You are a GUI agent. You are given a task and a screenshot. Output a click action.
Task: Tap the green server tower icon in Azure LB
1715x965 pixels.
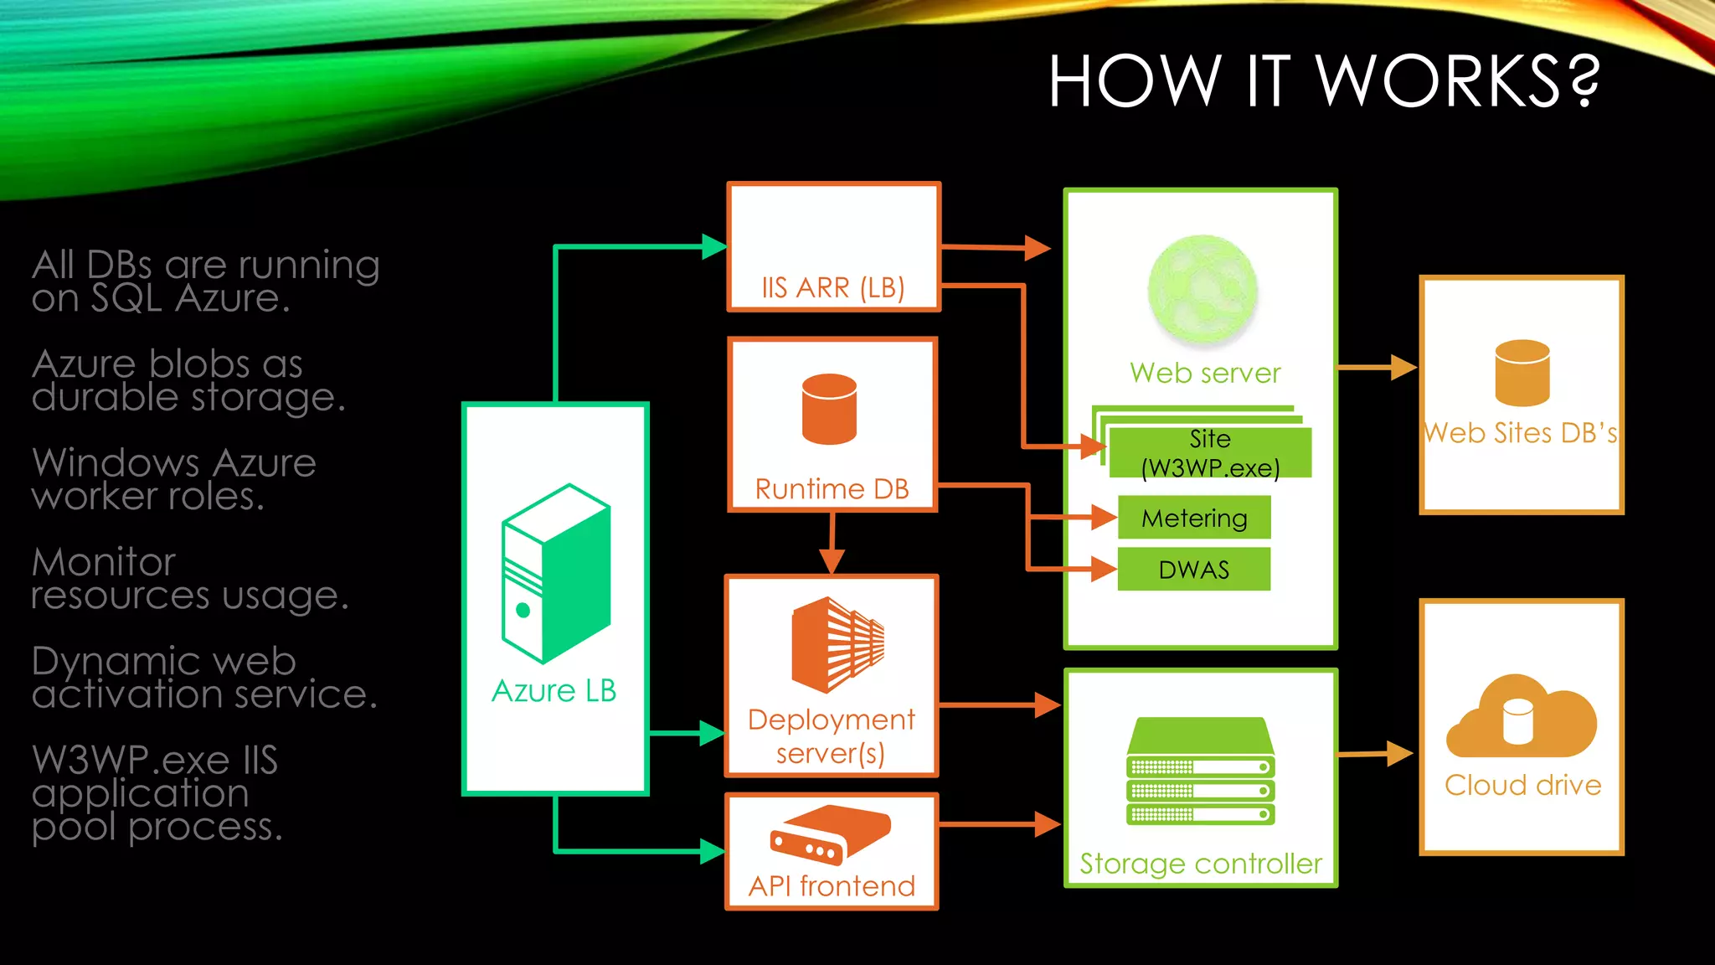coord(555,575)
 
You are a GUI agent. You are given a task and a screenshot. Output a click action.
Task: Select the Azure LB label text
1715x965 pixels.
coord(554,691)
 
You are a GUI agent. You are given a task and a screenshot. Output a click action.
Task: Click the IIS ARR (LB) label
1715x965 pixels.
coord(832,287)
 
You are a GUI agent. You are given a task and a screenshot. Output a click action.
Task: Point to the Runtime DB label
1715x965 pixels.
coord(832,488)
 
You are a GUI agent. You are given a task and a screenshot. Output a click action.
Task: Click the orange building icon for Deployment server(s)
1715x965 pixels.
coord(837,644)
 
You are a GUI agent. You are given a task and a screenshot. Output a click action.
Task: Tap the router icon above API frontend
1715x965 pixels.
coord(830,834)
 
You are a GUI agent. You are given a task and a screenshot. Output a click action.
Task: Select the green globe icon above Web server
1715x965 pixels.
coord(1203,290)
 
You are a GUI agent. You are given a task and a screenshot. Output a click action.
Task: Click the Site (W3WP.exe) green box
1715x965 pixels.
coord(1210,452)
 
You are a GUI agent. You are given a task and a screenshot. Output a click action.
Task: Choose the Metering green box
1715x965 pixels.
coord(1194,518)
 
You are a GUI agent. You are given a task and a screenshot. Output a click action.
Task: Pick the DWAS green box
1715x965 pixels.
coord(1194,570)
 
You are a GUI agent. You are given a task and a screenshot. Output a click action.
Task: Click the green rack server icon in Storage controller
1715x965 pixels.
coord(1200,771)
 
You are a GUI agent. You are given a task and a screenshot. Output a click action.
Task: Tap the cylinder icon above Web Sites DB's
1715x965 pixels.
coord(1522,373)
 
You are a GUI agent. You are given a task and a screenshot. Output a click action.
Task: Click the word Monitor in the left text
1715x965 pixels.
coord(104,562)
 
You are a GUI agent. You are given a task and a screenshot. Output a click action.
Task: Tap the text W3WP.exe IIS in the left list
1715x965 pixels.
coord(155,760)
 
